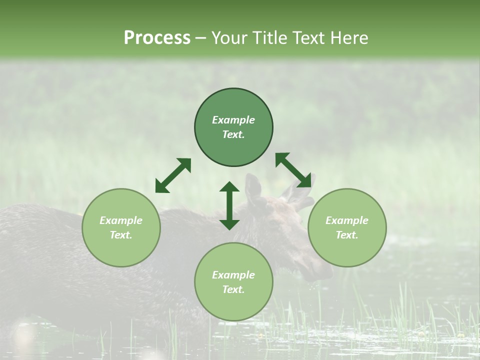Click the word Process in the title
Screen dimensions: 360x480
(157, 38)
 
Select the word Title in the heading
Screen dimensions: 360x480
(281, 38)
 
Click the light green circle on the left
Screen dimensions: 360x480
(121, 227)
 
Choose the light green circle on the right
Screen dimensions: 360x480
(347, 227)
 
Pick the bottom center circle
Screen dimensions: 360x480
(233, 281)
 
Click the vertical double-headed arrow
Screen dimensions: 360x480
(229, 205)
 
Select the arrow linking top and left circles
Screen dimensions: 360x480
(173, 175)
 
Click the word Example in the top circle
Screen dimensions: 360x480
(233, 120)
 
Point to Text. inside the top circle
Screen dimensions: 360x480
(233, 134)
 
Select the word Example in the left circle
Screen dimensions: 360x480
(121, 220)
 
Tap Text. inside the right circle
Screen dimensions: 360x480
(347, 235)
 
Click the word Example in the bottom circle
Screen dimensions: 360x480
(233, 275)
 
